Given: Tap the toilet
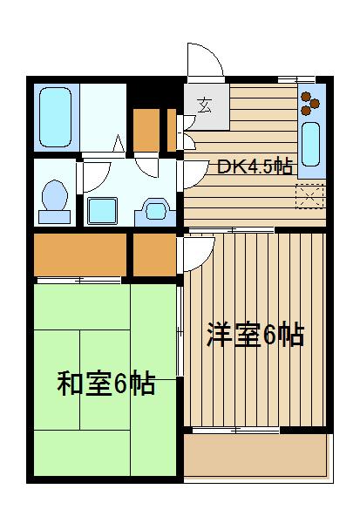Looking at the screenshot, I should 55,197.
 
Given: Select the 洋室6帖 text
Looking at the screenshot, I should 255,336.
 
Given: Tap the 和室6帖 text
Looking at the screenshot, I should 106,384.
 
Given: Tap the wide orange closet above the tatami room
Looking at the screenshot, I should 78,254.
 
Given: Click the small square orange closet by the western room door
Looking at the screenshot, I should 154,254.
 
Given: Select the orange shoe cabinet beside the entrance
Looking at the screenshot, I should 146,129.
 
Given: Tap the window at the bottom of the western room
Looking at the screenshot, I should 235,430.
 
